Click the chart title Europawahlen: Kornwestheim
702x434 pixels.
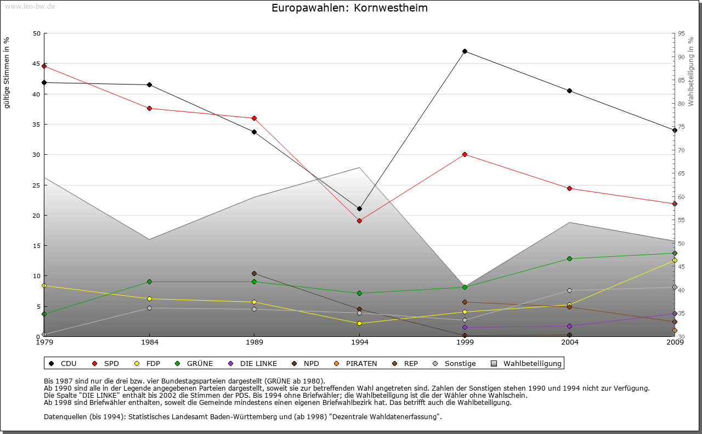point(349,8)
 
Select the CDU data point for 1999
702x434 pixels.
point(465,51)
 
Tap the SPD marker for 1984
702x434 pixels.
point(149,108)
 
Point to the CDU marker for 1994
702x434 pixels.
point(359,208)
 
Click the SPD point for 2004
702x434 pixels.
point(569,188)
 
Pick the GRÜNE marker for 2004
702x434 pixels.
point(569,258)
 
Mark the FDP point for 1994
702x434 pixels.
point(359,323)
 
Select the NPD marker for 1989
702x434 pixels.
point(254,273)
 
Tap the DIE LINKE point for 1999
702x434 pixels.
point(465,327)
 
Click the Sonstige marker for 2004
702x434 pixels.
point(569,290)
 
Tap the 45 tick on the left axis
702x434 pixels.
point(37,64)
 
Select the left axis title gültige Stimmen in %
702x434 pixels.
point(7,72)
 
